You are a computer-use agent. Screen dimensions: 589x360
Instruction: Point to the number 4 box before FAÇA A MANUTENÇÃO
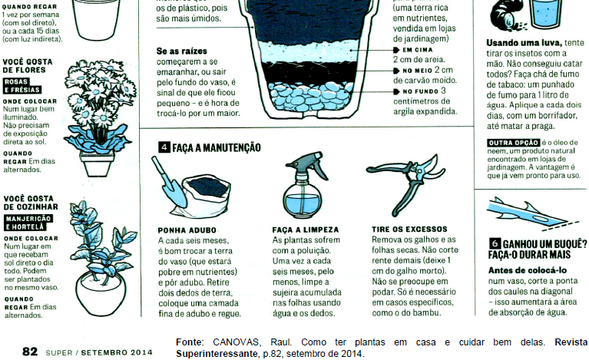pos(164,147)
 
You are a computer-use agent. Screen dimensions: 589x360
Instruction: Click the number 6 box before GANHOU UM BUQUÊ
pos(495,243)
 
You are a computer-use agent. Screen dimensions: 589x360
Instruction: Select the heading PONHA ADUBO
pos(187,230)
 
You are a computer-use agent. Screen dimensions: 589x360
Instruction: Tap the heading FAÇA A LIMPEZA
pos(306,230)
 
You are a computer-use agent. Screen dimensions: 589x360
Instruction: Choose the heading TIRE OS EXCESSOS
pos(409,230)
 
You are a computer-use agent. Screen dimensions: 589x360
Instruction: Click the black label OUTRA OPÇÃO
pos(514,143)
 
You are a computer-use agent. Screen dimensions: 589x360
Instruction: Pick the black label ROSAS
pos(16,81)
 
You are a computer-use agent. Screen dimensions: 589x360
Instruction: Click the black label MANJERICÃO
pos(28,219)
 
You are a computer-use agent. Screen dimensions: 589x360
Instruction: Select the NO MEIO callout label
pos(413,71)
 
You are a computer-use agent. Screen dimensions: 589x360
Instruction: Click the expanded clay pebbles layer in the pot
pos(310,96)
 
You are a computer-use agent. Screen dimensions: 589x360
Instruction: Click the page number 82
pos(30,352)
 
